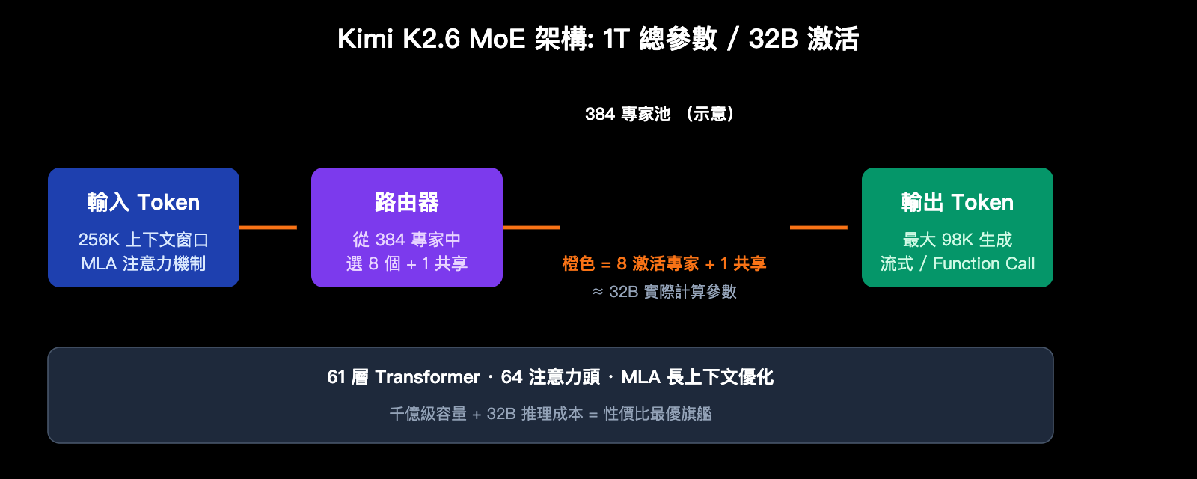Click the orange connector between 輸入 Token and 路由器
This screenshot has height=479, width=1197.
(268, 228)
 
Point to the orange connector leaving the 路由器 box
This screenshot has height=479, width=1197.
(531, 228)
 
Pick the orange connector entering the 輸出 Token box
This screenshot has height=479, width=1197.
(818, 228)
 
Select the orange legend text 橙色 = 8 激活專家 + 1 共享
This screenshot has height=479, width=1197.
(664, 263)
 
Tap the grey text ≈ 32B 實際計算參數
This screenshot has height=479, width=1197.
(664, 292)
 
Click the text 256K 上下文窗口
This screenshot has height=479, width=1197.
(143, 239)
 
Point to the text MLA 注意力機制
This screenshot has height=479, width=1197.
(143, 263)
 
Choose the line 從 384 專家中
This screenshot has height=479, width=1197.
(406, 239)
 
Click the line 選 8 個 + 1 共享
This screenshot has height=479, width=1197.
(406, 263)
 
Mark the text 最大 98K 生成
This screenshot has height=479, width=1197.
(957, 239)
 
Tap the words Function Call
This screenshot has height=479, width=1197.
(984, 263)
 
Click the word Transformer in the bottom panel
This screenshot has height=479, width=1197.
(427, 377)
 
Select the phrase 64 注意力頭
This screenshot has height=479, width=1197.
(551, 377)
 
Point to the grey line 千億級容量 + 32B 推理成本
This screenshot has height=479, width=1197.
(486, 414)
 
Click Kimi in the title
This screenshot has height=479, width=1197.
(365, 39)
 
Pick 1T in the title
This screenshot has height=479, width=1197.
(616, 39)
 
